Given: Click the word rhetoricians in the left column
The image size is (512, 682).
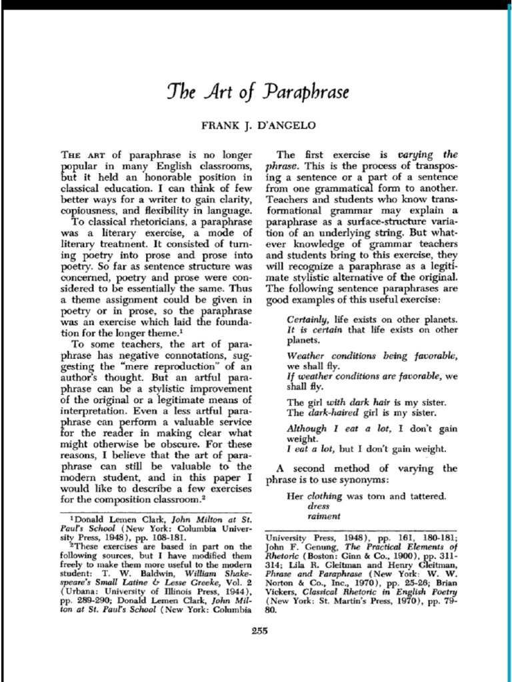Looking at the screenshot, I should coord(155,221).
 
